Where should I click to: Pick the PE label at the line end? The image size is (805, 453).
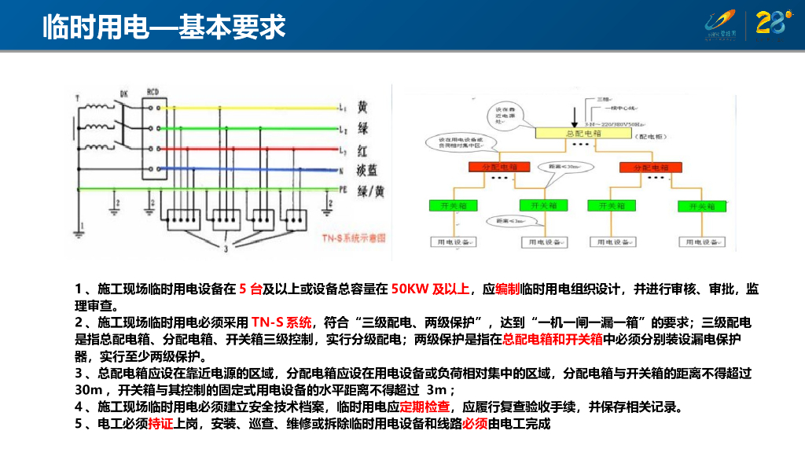click(343, 190)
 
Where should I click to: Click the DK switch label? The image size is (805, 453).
click(123, 94)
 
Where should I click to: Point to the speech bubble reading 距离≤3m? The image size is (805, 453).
click(505, 222)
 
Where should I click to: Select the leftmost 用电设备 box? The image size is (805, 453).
click(454, 242)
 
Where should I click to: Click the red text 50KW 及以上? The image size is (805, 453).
click(430, 289)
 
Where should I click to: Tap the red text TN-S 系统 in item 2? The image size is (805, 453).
click(281, 322)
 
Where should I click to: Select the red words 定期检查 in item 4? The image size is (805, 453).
click(425, 407)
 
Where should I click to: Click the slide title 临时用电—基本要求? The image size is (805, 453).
click(164, 28)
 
